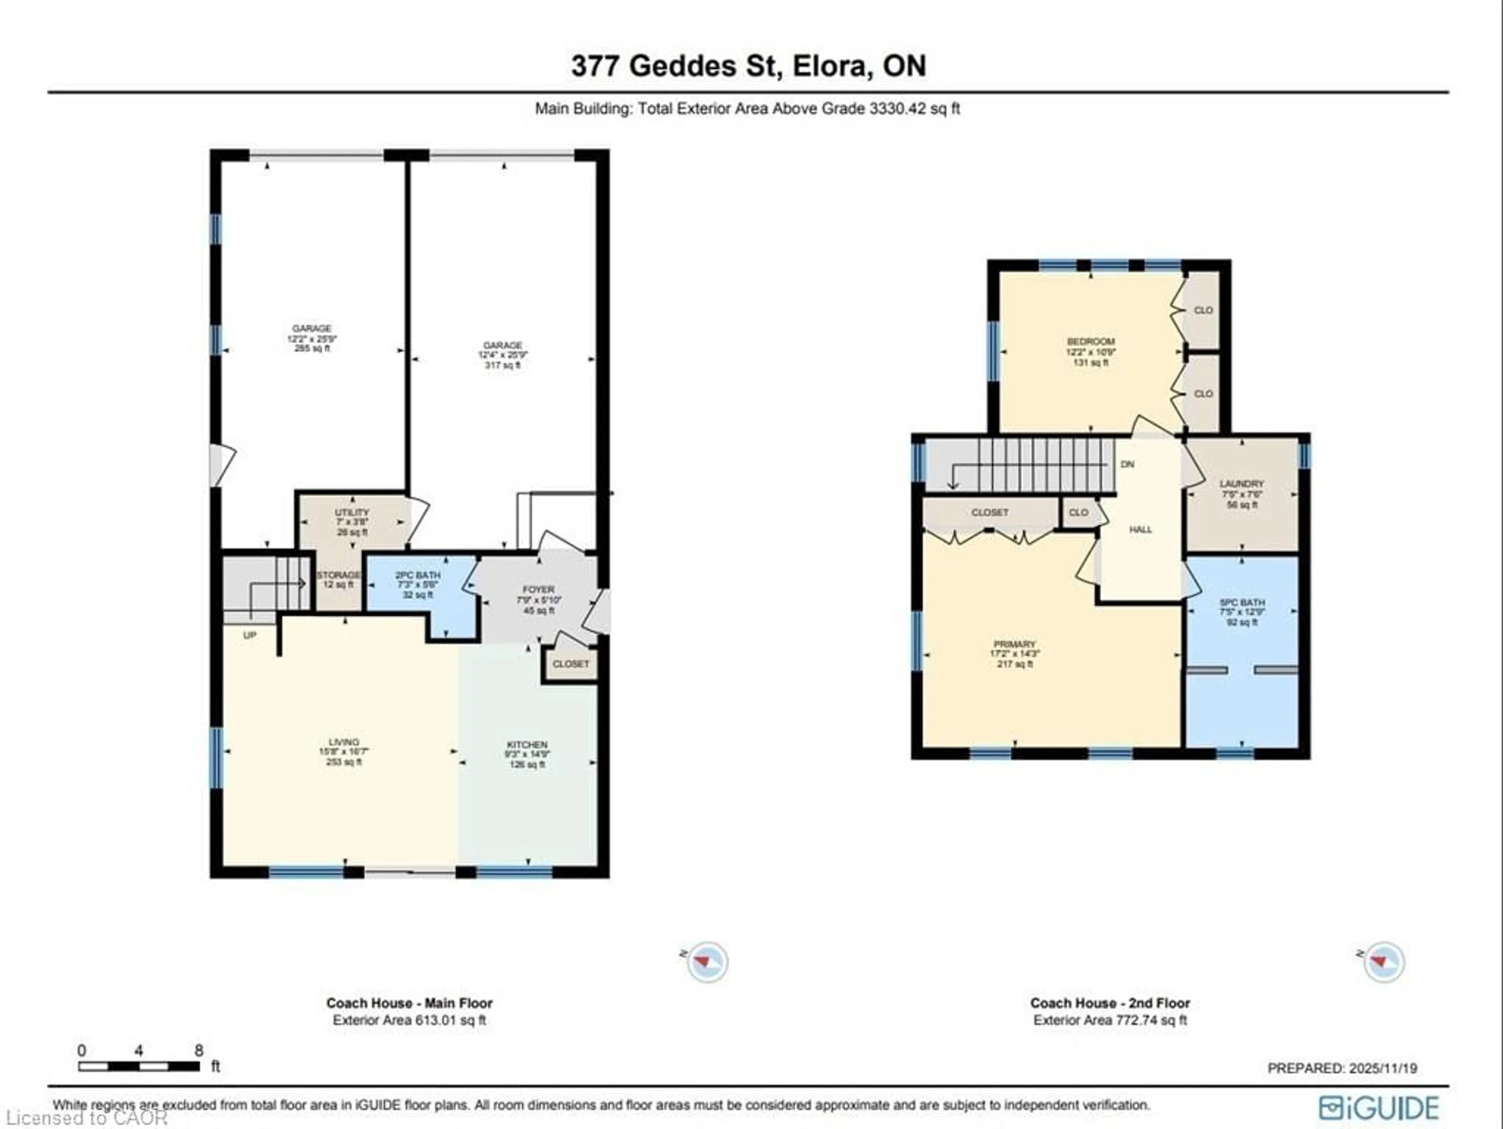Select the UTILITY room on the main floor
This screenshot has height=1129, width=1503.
coord(352,521)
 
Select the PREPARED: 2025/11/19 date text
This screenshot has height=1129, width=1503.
coord(1342,1068)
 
